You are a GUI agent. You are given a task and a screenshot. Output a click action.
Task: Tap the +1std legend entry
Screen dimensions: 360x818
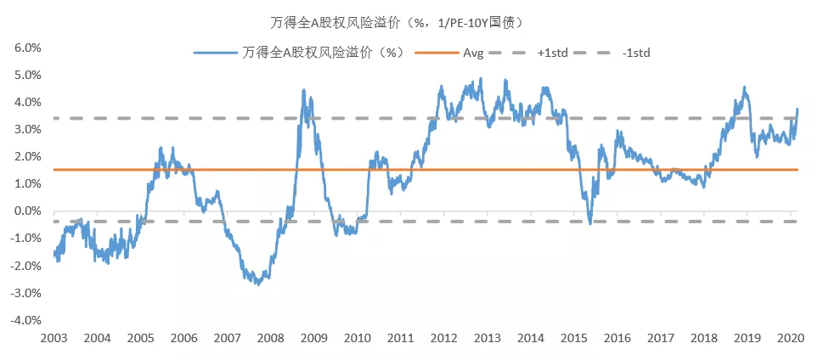click(552, 53)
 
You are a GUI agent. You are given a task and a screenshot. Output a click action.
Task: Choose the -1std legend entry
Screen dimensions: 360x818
click(636, 53)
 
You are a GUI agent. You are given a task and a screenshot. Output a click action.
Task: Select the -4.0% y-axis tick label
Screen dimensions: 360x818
click(25, 321)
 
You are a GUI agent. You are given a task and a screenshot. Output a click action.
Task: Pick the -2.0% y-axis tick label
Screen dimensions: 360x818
click(25, 266)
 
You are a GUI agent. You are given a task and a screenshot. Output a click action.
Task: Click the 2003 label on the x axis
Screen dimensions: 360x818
click(54, 338)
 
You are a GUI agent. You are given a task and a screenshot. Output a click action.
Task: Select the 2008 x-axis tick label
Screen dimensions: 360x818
click(270, 338)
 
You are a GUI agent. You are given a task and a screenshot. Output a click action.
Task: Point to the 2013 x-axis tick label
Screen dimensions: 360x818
click(487, 338)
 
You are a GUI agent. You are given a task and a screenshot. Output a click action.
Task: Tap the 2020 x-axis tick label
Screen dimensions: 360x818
click(789, 338)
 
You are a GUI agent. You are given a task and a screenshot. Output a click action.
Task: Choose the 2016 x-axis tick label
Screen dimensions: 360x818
click(617, 338)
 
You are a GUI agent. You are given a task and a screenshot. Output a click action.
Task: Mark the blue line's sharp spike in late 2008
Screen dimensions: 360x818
click(303, 90)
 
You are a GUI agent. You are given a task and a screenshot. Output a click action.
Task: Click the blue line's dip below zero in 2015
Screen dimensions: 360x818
click(590, 223)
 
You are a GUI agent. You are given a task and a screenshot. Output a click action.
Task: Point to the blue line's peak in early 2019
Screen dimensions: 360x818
click(745, 87)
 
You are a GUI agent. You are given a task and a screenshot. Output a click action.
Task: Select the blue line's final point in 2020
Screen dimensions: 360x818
click(797, 109)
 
